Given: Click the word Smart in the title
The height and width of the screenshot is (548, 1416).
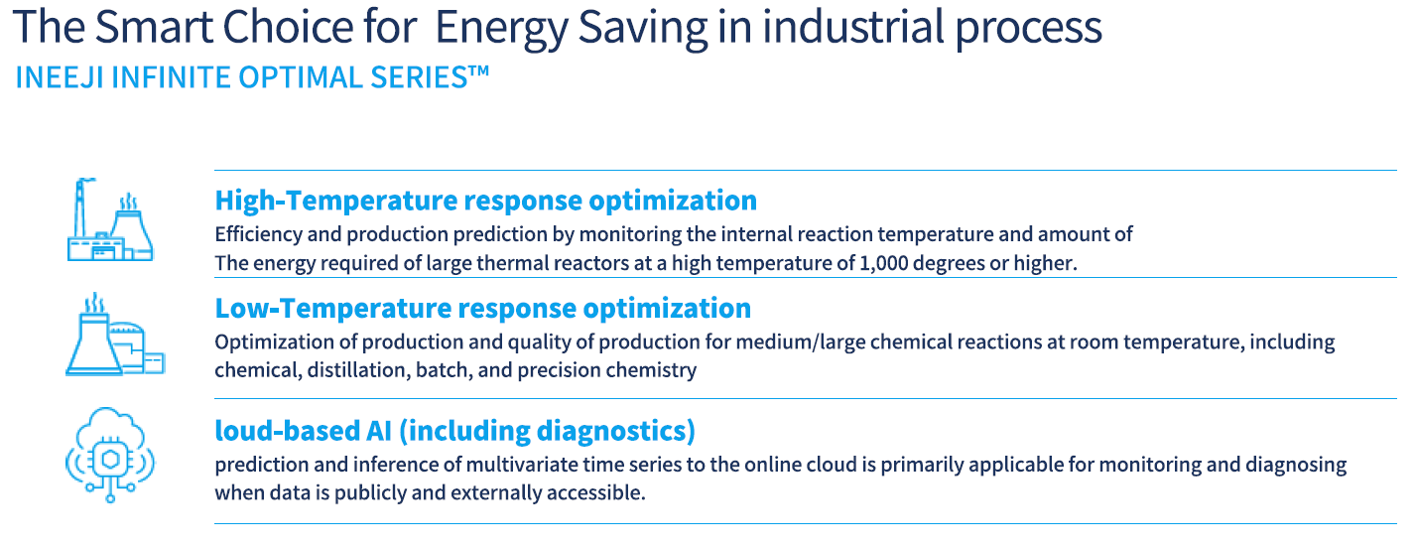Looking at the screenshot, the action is point(154,27).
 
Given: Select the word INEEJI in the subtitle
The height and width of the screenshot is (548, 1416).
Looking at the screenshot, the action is point(60,77).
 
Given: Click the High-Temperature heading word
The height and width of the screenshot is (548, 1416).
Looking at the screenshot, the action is point(335,201).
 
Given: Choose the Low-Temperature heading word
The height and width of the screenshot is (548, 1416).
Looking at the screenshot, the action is point(332,308).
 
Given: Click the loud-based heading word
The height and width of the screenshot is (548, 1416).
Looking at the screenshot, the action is point(287,431).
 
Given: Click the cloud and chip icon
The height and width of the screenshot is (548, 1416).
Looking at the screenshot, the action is point(110,455).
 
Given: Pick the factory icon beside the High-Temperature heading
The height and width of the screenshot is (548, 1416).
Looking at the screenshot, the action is point(110,219).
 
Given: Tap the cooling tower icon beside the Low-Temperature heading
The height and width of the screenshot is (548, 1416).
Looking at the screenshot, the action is point(115,335).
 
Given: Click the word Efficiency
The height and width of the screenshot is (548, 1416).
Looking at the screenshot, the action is point(259,234).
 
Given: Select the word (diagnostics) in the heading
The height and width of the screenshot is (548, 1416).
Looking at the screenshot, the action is point(616,431).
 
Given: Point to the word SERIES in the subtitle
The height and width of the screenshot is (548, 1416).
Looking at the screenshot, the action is point(419,77).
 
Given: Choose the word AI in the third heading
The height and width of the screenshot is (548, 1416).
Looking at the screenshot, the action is point(379,431).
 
